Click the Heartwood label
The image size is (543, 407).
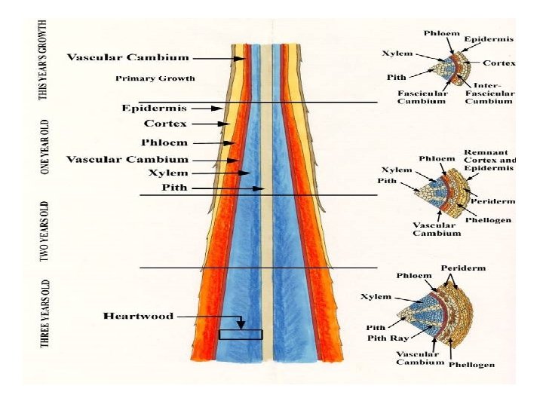coord(138,316)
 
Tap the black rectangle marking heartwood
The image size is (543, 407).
coord(241,334)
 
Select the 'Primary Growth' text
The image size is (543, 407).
coord(155,78)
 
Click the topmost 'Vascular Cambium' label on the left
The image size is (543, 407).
coord(128,57)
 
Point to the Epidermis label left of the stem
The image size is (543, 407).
coord(154,108)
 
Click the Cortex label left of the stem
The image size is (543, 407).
coord(165,123)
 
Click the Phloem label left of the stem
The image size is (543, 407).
coord(164,142)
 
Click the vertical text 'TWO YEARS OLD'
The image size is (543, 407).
coord(45,231)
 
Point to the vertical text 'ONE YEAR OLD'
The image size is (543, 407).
coord(45,147)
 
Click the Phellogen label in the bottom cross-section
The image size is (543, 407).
coord(471,365)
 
